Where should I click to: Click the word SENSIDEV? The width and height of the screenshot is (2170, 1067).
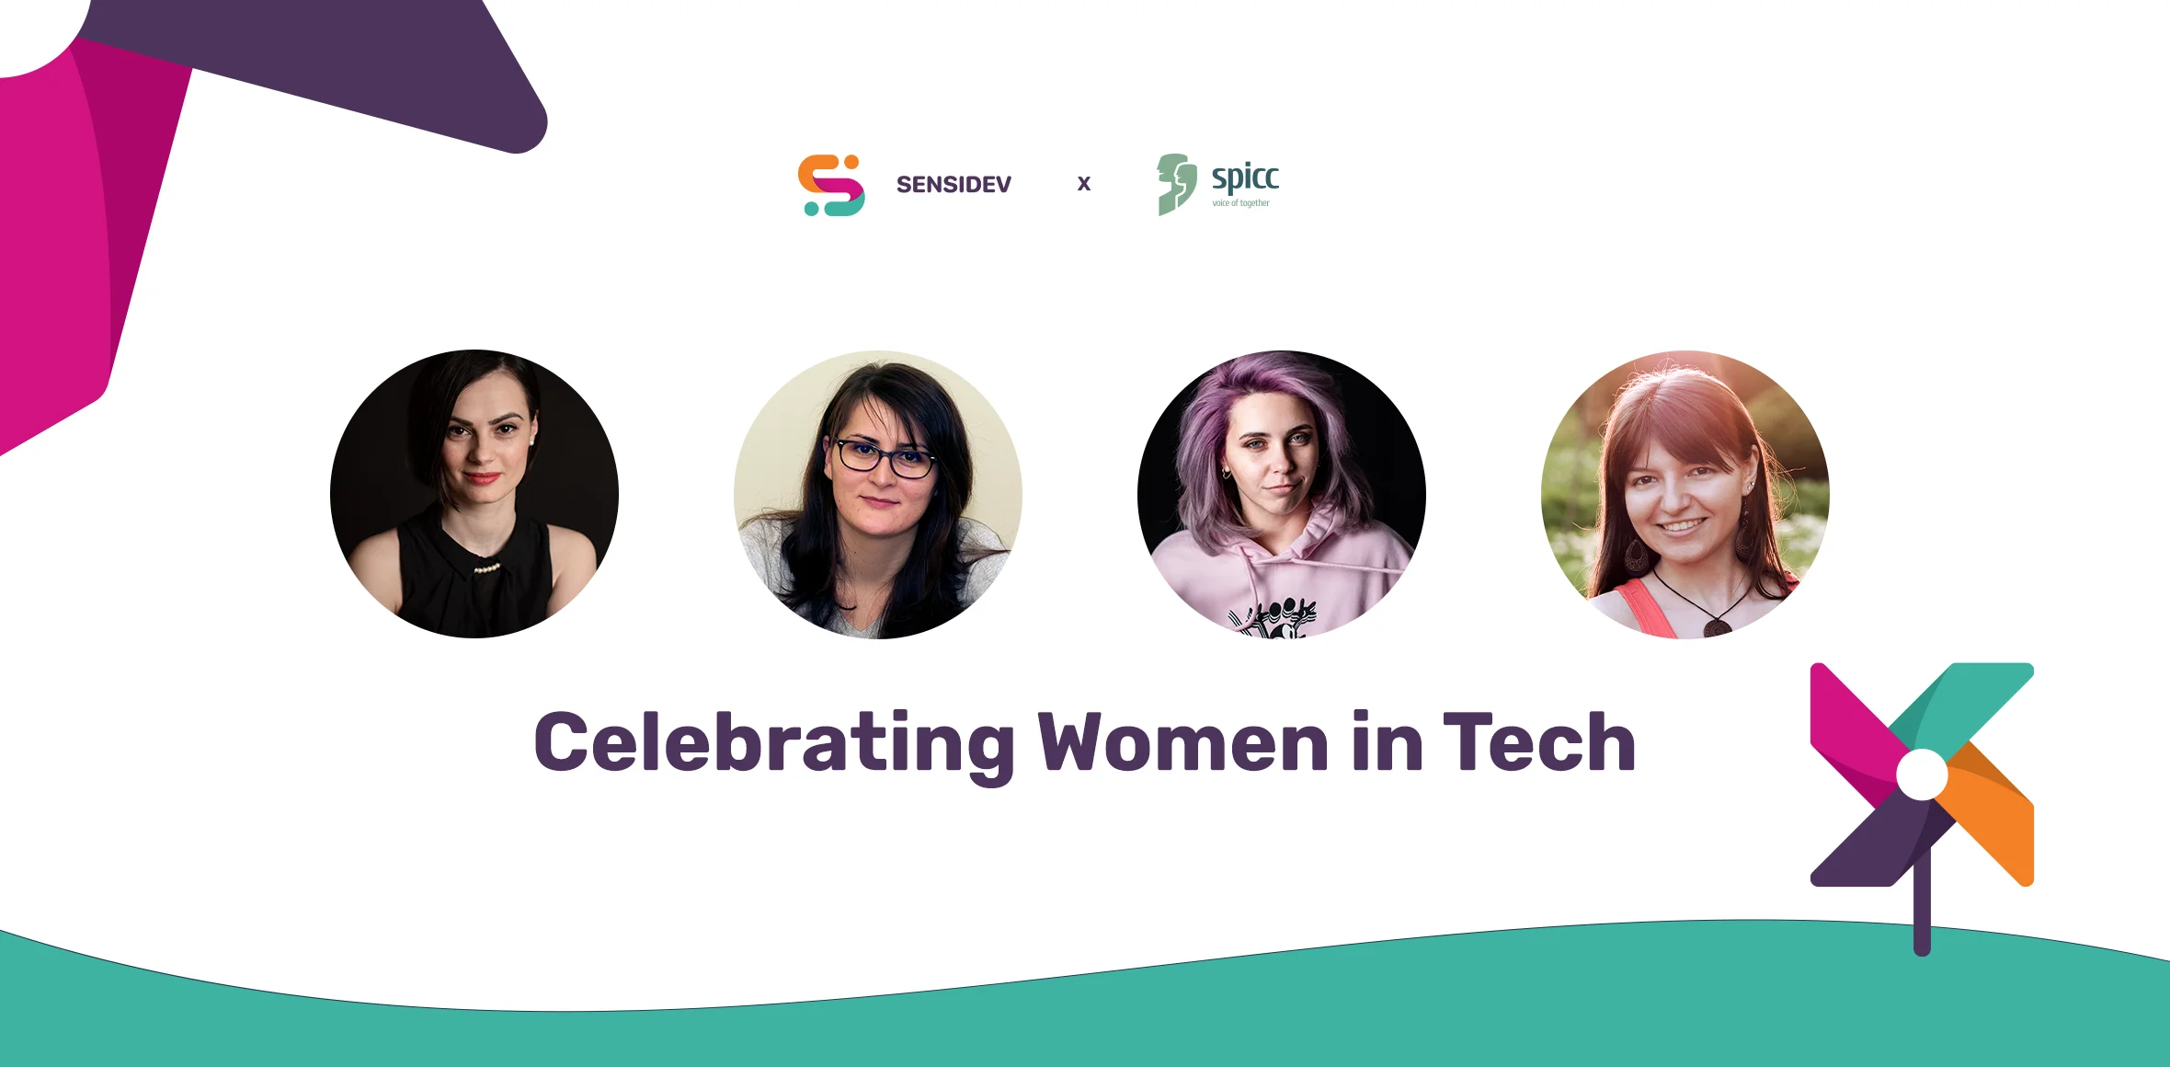[954, 185]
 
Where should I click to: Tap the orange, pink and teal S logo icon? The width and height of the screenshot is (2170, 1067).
[831, 185]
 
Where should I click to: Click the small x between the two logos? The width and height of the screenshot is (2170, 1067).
[1084, 184]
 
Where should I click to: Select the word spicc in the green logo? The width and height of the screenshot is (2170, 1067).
[1245, 177]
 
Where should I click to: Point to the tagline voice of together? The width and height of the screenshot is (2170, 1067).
[1240, 203]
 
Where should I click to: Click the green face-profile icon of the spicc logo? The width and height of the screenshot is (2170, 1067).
[1176, 184]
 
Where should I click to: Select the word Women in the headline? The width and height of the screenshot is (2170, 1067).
[1183, 743]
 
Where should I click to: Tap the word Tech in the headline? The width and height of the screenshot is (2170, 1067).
[1539, 743]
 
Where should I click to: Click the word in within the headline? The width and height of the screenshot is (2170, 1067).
[1388, 743]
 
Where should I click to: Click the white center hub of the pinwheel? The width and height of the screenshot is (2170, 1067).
[1922, 774]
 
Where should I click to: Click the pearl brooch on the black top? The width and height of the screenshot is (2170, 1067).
[486, 568]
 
